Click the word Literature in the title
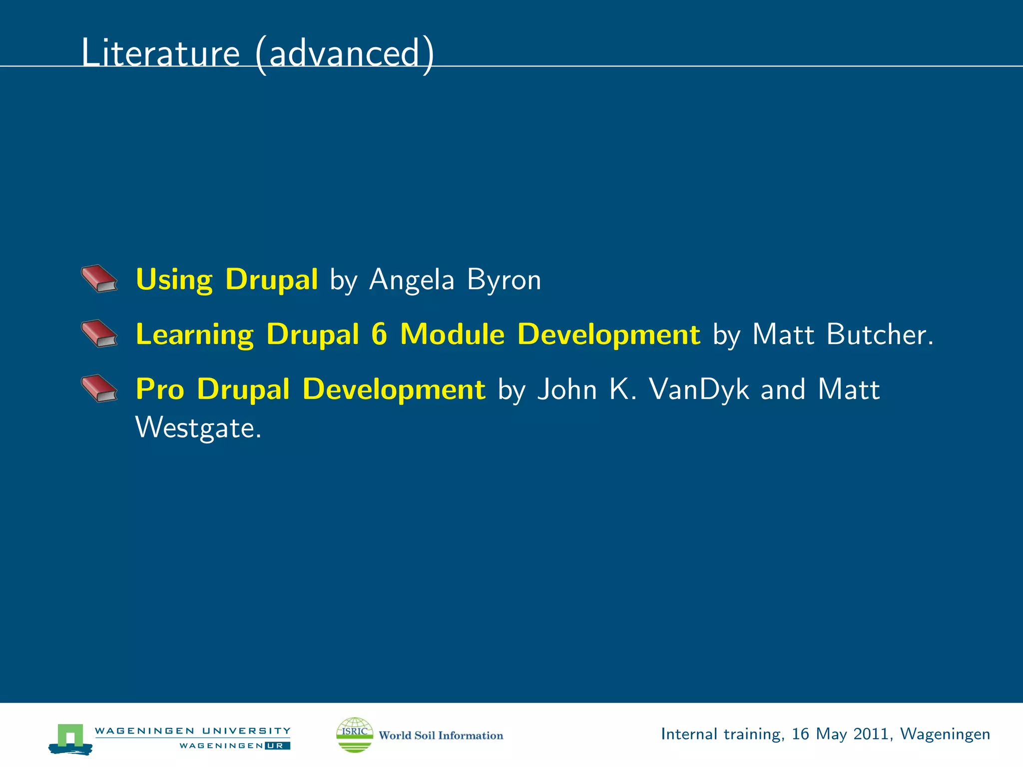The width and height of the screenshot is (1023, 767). [x=160, y=53]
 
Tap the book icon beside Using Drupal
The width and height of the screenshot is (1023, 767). [x=99, y=279]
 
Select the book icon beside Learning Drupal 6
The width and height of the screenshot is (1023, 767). [x=99, y=334]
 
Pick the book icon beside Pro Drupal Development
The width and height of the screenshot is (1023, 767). [x=99, y=388]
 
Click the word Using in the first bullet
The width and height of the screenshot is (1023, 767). [x=174, y=280]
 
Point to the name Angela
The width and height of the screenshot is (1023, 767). [x=412, y=280]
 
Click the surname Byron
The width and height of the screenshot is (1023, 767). [x=504, y=280]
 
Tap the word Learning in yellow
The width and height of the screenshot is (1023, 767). [x=195, y=335]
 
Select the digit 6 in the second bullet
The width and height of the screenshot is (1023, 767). [x=379, y=334]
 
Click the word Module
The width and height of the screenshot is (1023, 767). [x=452, y=334]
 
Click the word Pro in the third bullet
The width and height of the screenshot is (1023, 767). [x=160, y=389]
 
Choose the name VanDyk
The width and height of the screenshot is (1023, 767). [x=699, y=389]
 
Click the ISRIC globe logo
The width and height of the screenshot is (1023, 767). [x=355, y=735]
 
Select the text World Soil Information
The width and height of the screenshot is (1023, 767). [x=441, y=736]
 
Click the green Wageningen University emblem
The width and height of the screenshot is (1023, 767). [x=70, y=738]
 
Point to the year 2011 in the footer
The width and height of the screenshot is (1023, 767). [x=871, y=734]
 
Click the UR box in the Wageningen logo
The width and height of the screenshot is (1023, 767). [x=277, y=746]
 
